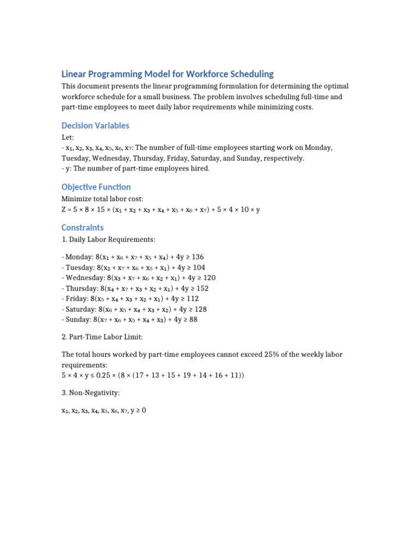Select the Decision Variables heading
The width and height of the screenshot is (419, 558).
coord(95,125)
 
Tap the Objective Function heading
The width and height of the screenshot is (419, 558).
coord(96,187)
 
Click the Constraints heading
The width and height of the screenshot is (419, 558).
coord(82,227)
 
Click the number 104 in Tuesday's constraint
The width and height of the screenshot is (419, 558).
coord(199,267)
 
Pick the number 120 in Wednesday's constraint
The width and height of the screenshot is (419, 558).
coord(209,277)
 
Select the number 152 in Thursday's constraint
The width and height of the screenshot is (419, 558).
coord(202,288)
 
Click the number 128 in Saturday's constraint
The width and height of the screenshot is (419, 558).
coord(200,309)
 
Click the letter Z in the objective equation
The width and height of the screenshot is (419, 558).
coord(64,209)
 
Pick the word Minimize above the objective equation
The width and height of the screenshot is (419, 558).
coord(77,199)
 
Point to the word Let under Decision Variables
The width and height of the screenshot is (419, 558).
coord(67,137)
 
